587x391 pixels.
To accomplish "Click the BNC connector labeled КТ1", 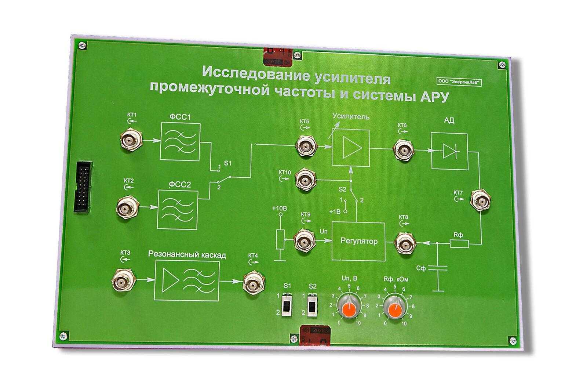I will point(131,140).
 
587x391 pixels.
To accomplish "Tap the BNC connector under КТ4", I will point(253,282).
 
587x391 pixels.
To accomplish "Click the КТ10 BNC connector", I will point(305,180).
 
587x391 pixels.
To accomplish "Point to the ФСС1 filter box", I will point(180,142).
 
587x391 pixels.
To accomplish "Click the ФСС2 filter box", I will point(178,209).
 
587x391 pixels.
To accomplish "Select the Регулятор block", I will point(358,241).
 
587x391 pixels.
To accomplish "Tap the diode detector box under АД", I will point(449,151).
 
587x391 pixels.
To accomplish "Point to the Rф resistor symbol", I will point(459,243).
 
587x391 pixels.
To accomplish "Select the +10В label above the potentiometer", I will point(280,209).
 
